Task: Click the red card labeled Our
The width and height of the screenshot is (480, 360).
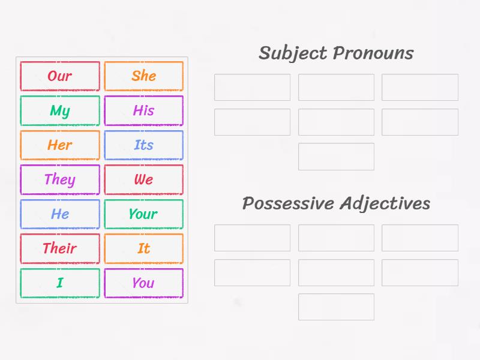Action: (60, 76)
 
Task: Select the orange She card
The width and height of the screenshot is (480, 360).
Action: (143, 76)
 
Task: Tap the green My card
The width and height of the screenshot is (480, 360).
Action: (60, 111)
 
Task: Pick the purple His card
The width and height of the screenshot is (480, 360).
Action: (143, 111)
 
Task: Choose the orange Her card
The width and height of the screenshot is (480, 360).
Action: (60, 145)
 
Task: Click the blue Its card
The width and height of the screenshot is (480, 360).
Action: (143, 145)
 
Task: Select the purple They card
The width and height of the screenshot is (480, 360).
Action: (60, 180)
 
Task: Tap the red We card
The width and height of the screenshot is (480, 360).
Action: (143, 180)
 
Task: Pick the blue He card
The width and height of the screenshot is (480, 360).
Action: (60, 214)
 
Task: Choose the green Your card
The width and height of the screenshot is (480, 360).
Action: (143, 214)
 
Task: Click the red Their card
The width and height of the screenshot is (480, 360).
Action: (60, 248)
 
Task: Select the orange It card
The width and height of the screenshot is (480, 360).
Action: (143, 248)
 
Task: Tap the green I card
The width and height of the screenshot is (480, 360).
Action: (60, 283)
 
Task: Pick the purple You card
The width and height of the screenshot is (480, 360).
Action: (143, 283)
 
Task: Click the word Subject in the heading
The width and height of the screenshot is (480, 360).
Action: (293, 53)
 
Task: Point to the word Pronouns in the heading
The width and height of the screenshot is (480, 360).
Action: (373, 53)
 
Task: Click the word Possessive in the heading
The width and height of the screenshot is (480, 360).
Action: (287, 204)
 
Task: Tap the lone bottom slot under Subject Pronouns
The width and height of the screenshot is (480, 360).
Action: (336, 157)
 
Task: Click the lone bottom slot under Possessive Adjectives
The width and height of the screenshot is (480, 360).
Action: (336, 307)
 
